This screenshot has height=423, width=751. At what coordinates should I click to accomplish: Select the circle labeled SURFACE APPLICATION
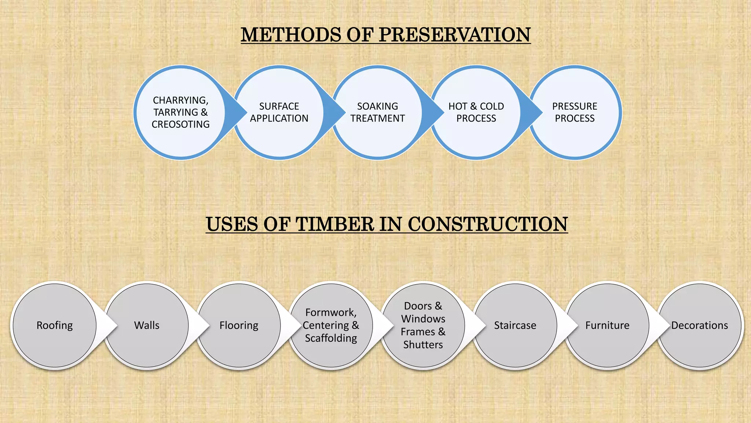point(279,112)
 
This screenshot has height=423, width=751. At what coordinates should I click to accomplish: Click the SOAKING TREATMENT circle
point(377,112)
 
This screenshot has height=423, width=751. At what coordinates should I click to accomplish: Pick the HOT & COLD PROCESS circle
point(476,112)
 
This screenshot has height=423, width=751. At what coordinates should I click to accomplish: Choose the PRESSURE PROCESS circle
point(575,112)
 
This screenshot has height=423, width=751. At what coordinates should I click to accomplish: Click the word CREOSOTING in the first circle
point(180,124)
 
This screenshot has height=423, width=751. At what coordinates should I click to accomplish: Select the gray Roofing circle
point(55,325)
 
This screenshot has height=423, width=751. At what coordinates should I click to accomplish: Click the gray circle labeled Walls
point(147,325)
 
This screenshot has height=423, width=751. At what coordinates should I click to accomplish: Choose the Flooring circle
point(239,325)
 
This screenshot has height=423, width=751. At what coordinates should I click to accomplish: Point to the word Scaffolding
point(331,338)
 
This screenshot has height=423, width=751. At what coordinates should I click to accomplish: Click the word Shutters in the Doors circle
point(423,345)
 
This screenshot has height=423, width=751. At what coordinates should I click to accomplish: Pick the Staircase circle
point(515,325)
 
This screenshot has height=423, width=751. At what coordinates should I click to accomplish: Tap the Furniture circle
point(607,325)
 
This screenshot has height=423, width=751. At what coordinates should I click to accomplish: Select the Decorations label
point(699,325)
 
